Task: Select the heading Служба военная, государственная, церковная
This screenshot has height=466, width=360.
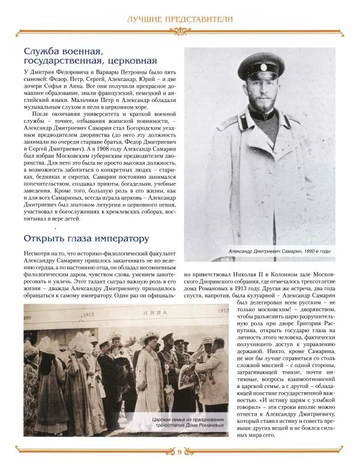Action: point(90,55)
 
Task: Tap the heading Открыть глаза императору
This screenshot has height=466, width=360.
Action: point(86,238)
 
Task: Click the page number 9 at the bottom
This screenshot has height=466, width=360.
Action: point(180,451)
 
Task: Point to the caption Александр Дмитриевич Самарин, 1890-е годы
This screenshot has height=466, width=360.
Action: point(280,251)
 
